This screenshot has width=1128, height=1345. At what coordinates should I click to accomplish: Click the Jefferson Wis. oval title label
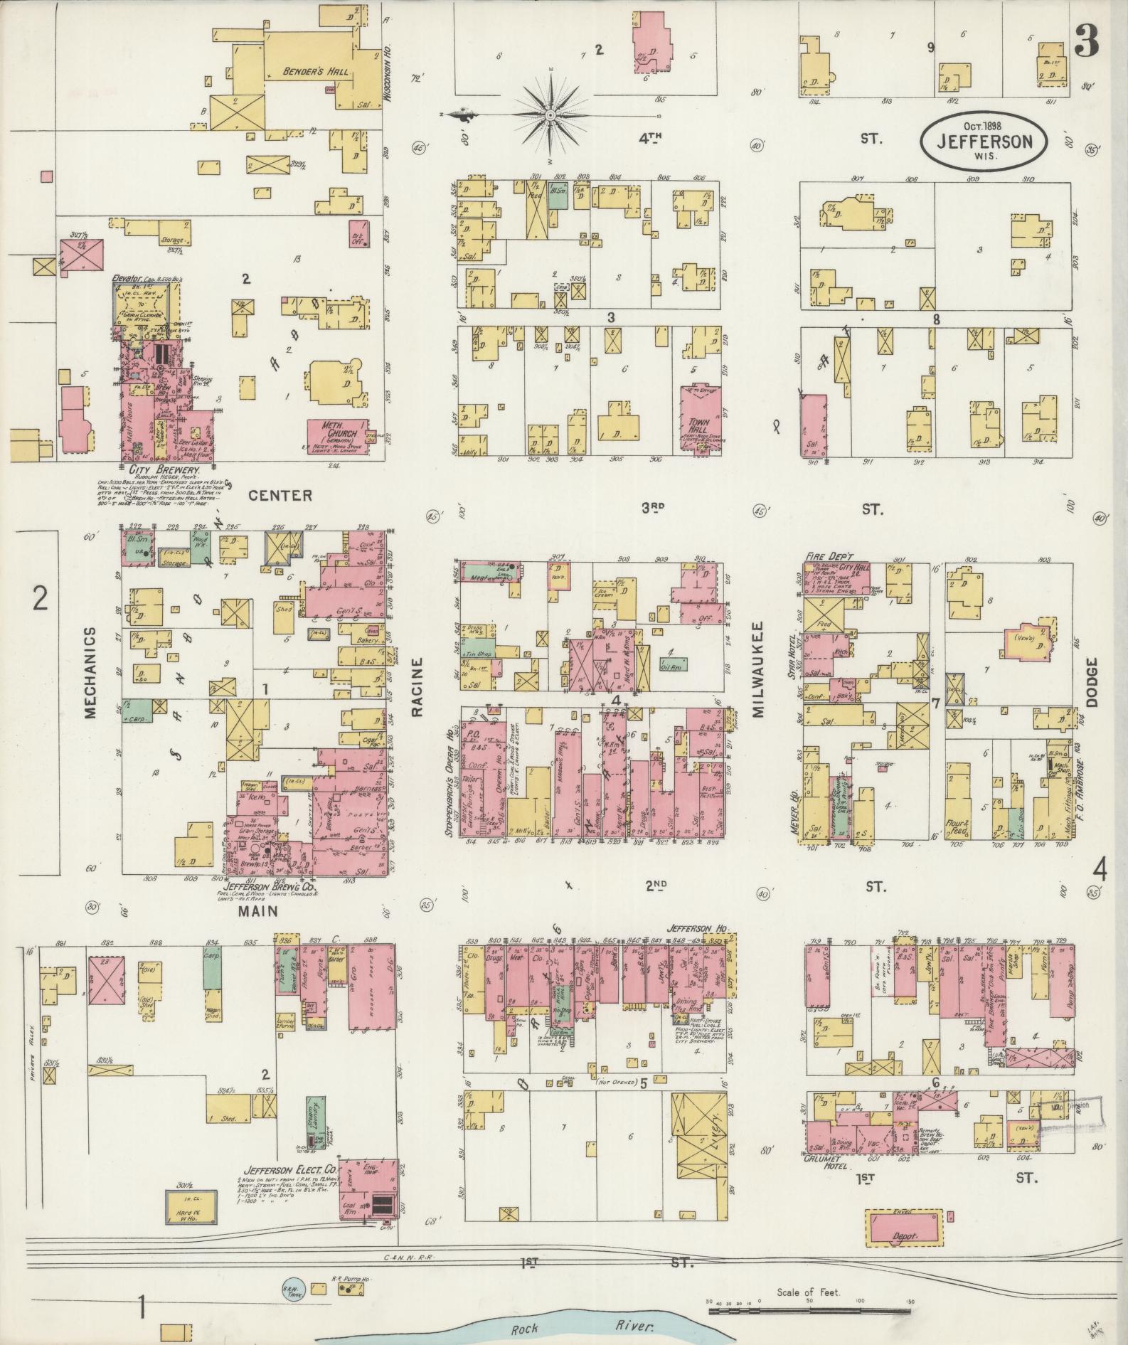pyautogui.click(x=984, y=139)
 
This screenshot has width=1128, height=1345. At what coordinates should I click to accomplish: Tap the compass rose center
pyautogui.click(x=551, y=115)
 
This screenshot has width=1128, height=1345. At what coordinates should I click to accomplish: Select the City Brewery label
pyautogui.click(x=163, y=471)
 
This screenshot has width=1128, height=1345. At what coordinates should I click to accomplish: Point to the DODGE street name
pyautogui.click(x=1093, y=681)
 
